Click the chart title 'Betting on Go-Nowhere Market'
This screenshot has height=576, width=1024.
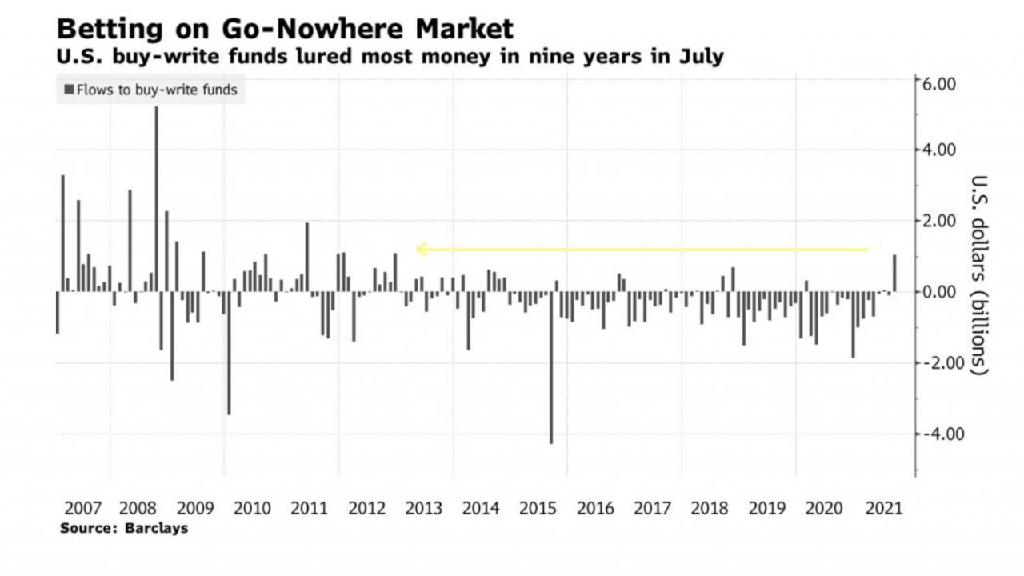point(285,29)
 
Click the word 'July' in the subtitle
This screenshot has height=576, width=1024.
point(702,57)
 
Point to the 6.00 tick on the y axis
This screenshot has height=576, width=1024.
point(940,83)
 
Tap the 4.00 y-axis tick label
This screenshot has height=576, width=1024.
point(940,150)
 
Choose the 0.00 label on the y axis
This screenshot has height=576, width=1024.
point(940,292)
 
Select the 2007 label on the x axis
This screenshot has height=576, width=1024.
point(83,508)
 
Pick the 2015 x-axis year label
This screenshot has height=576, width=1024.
point(538,508)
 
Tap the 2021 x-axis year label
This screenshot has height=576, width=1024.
point(883,508)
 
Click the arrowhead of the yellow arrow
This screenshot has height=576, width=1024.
point(420,250)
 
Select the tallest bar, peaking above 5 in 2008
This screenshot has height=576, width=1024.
point(156,200)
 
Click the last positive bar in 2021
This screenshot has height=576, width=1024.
point(894,274)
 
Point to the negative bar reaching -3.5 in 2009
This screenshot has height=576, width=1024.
point(229,352)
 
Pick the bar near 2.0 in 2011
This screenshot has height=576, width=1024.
point(307,257)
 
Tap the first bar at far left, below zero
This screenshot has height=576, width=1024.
point(58,312)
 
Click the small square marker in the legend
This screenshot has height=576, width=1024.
point(69,90)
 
